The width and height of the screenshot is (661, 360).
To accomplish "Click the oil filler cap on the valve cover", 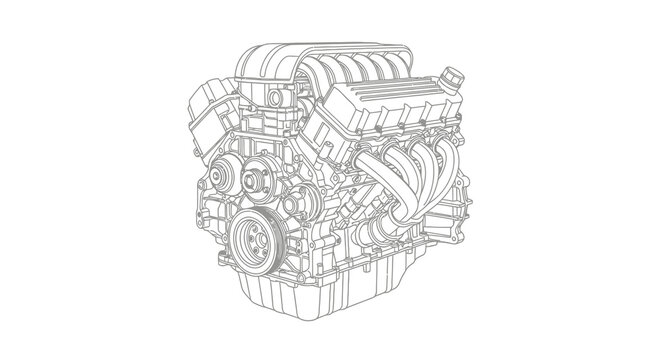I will tap(453, 75).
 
